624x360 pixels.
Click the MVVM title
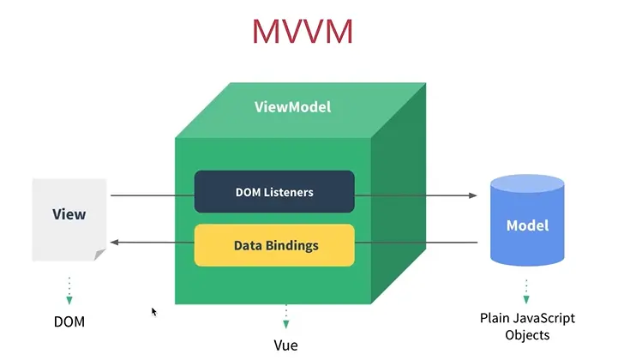click(303, 32)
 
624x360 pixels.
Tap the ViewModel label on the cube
click(292, 107)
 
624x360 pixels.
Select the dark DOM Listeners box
click(274, 192)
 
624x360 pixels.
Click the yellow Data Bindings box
click(274, 245)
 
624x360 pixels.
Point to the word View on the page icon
click(69, 214)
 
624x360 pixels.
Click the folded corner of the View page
click(99, 255)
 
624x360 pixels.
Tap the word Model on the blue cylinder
click(527, 225)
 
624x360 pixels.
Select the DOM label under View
click(69, 321)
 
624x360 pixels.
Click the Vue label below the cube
click(285, 345)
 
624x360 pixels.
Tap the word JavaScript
click(544, 318)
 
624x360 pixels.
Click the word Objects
click(527, 335)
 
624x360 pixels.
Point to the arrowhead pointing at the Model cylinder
click(473, 195)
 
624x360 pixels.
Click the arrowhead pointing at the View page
click(115, 242)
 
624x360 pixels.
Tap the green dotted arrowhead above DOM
click(69, 300)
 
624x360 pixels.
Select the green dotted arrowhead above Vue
click(285, 324)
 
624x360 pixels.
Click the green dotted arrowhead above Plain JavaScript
click(526, 299)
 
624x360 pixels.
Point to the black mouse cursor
click(154, 312)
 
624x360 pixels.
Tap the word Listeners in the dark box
click(289, 192)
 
